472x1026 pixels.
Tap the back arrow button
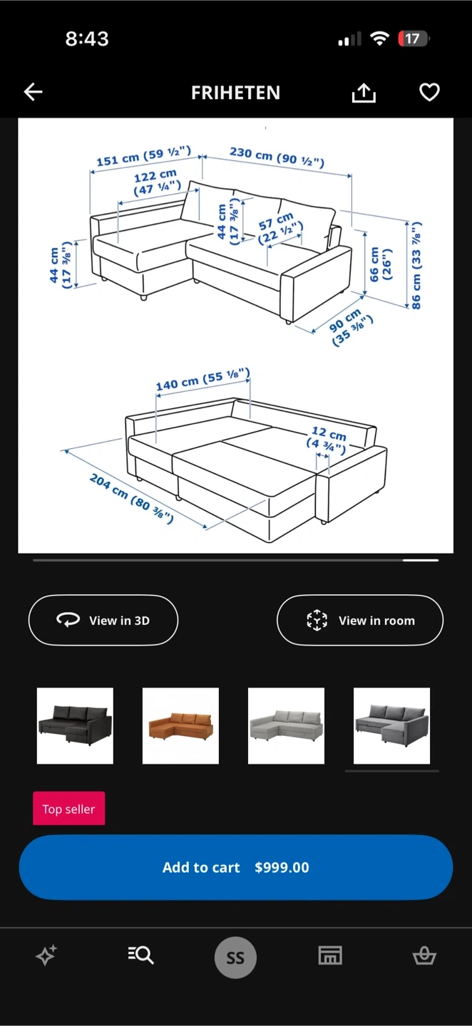click(x=33, y=92)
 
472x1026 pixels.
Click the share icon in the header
click(x=364, y=93)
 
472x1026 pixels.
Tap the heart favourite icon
click(x=429, y=92)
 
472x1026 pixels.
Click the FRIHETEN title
click(x=235, y=93)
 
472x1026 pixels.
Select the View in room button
click(x=360, y=620)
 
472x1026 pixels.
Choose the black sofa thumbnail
click(x=75, y=725)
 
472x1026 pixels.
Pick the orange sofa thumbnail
click(x=180, y=725)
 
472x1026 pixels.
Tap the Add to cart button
click(x=236, y=867)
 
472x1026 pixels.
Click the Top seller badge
click(x=68, y=809)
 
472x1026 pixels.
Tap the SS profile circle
click(x=235, y=958)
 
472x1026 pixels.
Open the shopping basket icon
click(x=424, y=956)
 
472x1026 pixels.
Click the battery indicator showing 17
click(x=414, y=38)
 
